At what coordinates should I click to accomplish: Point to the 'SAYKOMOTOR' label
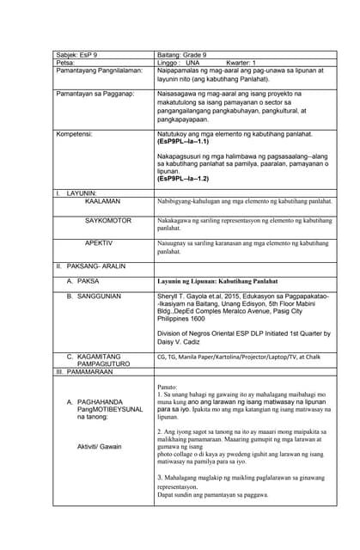pyautogui.click(x=108, y=221)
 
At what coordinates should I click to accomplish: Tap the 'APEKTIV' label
pyautogui.click(x=100, y=243)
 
